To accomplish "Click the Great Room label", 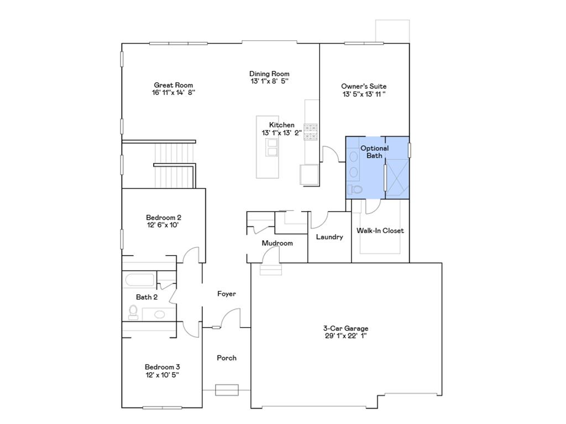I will click(x=173, y=85).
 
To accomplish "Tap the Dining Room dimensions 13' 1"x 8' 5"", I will click(x=269, y=81).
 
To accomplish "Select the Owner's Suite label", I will click(x=363, y=86).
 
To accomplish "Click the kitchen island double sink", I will click(x=272, y=148).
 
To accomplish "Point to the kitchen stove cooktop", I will click(x=311, y=131).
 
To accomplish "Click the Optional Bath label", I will click(x=374, y=152).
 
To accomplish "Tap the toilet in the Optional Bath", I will click(x=355, y=189).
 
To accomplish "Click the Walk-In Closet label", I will click(x=380, y=231).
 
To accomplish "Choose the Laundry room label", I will click(x=329, y=237).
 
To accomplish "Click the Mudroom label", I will click(x=277, y=243).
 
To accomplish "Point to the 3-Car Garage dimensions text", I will click(x=345, y=336).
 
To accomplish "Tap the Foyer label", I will click(x=226, y=294).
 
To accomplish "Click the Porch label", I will click(x=226, y=358).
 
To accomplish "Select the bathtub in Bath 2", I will click(x=140, y=280).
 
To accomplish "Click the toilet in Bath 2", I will click(x=133, y=312).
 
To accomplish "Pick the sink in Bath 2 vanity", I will click(x=159, y=314).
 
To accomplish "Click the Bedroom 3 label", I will click(x=162, y=367).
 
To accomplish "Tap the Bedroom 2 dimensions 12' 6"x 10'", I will click(x=162, y=225).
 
